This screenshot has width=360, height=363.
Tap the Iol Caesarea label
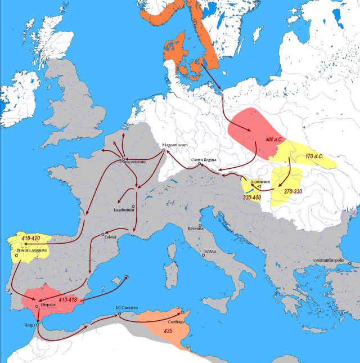click(128, 308)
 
